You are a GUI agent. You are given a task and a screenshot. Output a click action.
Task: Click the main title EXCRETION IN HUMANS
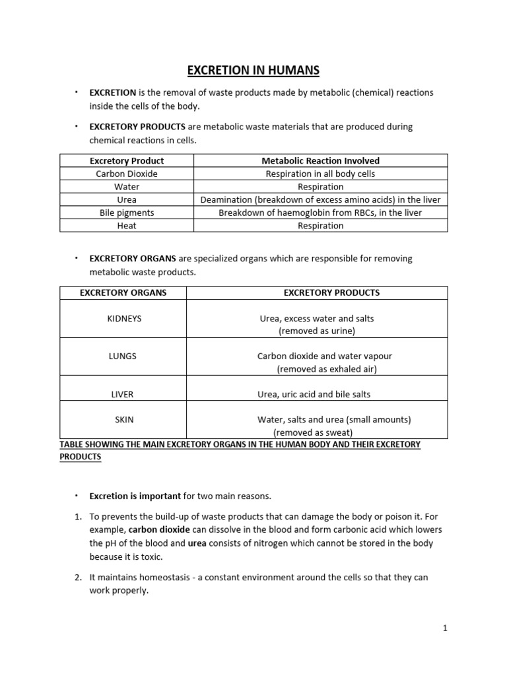[x=253, y=70]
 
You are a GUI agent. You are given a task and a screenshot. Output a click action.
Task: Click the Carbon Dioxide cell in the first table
[x=127, y=174]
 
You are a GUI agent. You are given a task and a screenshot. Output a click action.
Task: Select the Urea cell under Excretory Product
[x=127, y=199]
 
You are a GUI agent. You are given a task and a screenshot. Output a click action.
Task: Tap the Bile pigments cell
[x=127, y=213]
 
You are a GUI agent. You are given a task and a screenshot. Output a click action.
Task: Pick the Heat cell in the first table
[x=127, y=226]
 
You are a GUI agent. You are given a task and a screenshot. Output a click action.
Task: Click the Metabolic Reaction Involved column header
[x=321, y=160]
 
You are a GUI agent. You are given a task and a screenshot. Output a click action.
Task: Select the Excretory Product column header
[x=127, y=160]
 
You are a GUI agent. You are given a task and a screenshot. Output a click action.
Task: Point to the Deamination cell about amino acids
[x=321, y=199]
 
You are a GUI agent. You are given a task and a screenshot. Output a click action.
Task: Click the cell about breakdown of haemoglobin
[x=321, y=213]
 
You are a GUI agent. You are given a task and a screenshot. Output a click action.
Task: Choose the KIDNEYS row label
[x=124, y=318]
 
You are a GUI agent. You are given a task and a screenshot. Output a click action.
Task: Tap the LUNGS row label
[x=123, y=356]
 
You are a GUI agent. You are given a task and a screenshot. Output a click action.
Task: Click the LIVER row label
[x=123, y=394]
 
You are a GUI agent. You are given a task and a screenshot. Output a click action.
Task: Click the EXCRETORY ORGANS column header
[x=123, y=292]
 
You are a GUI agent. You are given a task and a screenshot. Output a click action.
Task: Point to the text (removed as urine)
[x=317, y=331]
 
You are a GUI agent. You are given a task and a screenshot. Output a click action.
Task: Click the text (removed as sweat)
[x=313, y=432]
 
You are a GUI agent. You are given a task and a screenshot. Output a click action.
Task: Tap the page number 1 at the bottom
[x=445, y=628]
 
